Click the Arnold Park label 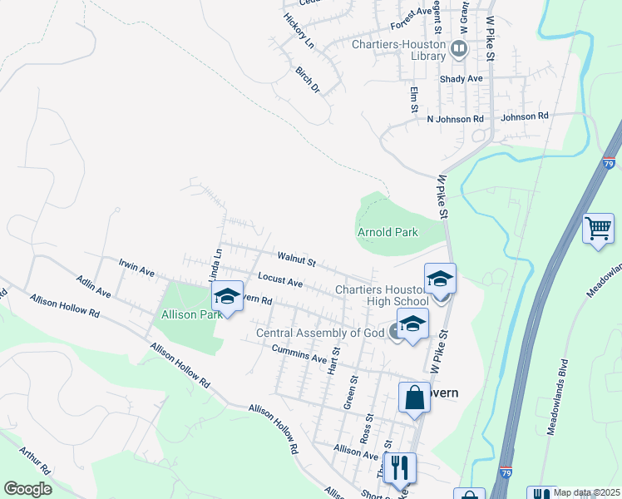(388, 232)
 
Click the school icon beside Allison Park (226, 296)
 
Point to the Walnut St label (296, 261)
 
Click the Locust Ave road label (280, 282)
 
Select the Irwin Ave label (137, 271)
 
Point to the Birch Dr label (308, 79)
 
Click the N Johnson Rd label (455, 119)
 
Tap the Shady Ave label (462, 78)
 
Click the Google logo (27, 489)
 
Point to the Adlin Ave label (93, 288)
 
